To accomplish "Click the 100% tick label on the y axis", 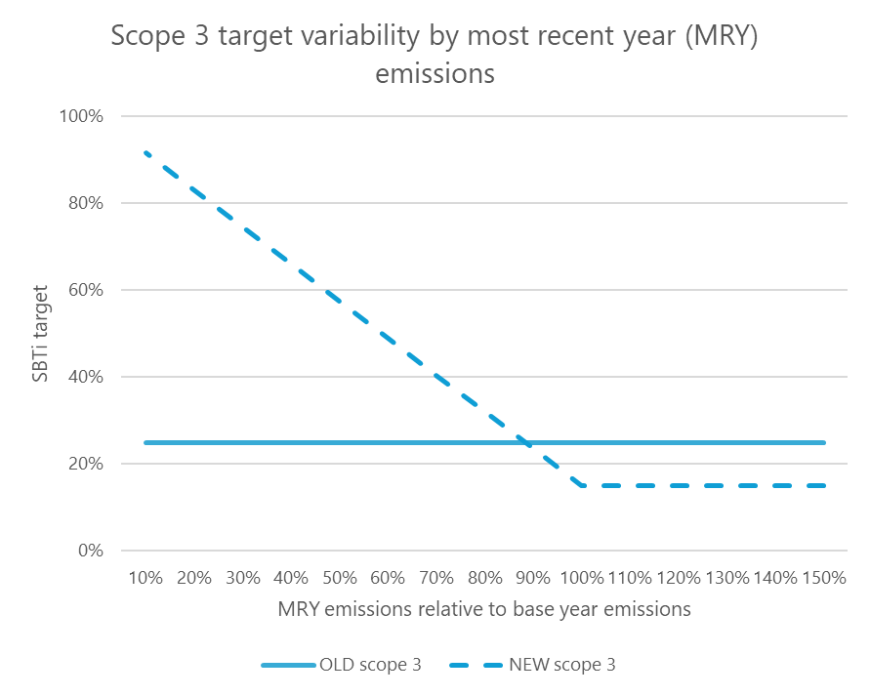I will pos(83,117).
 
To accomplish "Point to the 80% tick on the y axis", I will pos(87,204).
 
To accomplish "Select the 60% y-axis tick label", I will pos(87,291).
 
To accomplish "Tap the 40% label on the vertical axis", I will pos(87,377).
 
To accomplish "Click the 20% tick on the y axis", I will pos(87,464).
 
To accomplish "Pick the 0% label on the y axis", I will pos(91,551).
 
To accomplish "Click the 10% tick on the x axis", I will pos(145,578).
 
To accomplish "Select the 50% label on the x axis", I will pos(340,578).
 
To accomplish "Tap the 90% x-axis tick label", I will pos(533,578).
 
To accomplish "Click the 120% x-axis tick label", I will pos(679,578).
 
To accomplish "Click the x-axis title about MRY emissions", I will pos(484,609).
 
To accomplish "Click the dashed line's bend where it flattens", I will pos(582,485).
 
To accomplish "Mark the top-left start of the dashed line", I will pos(145,152).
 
